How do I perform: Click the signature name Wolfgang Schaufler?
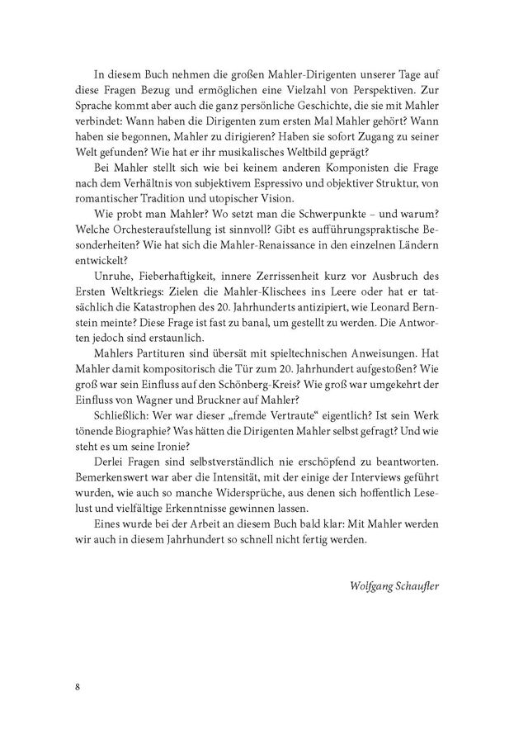tap(394, 585)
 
